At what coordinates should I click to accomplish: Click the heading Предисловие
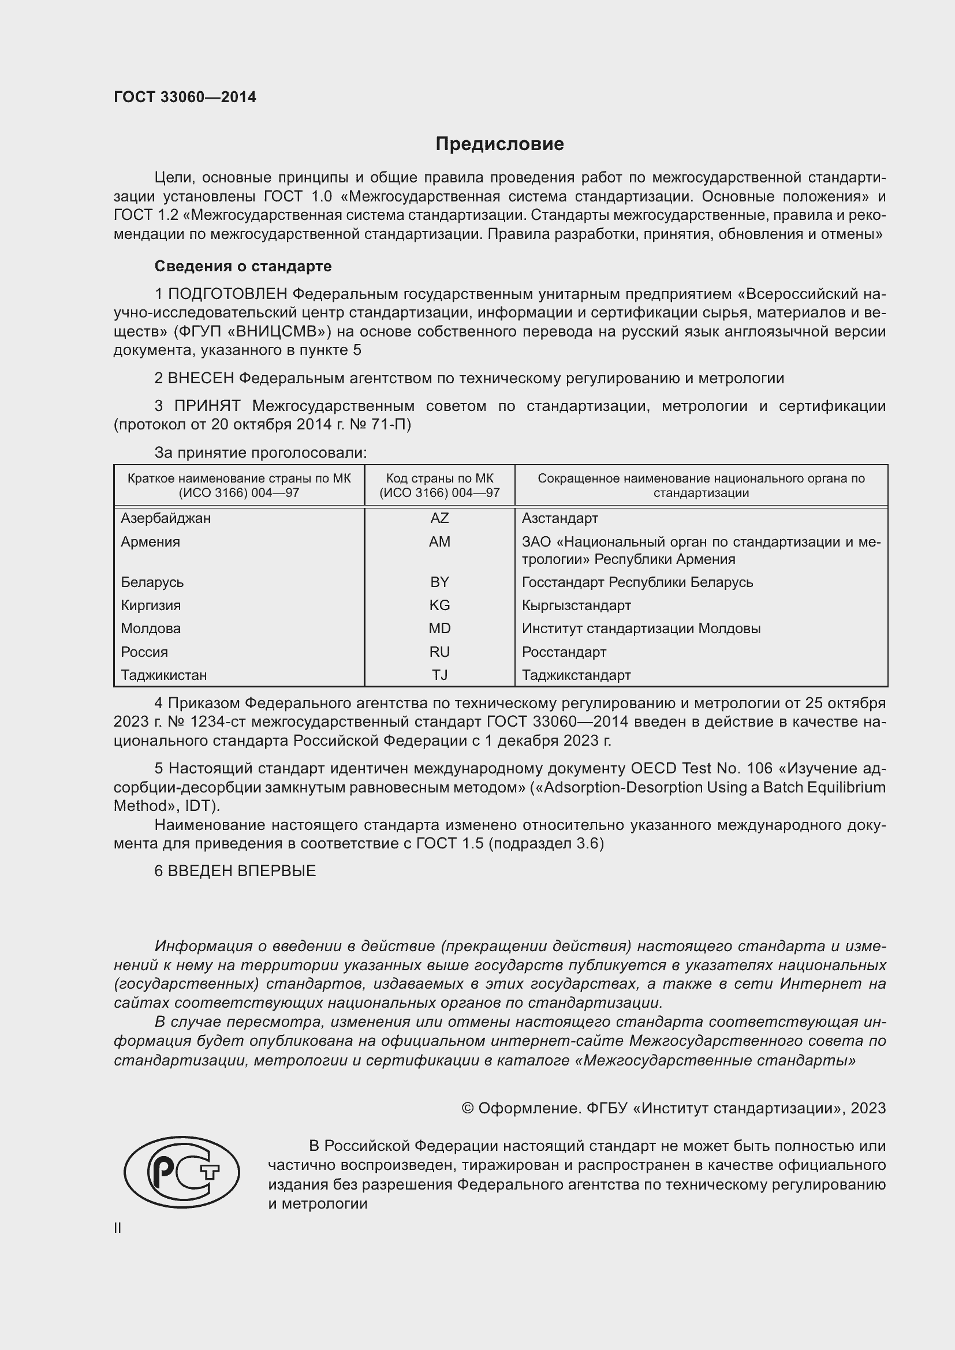coord(499,144)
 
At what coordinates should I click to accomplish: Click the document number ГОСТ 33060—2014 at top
coord(185,97)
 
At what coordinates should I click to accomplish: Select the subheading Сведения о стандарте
coord(243,266)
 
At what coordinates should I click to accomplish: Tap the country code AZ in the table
coord(439,518)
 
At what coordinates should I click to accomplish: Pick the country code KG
coord(439,605)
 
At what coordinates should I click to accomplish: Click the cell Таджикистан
coord(163,675)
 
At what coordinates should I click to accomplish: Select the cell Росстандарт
coord(564,652)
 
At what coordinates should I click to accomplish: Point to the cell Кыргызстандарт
coord(576,605)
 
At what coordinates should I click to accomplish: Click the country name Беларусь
coord(152,582)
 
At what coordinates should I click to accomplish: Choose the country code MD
coord(439,629)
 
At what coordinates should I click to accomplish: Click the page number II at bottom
coord(118,1228)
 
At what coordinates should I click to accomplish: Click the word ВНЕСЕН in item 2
coord(200,378)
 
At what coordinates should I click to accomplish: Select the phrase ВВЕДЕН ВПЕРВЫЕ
coord(242,871)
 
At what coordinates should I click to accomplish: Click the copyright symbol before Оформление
coord(468,1108)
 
